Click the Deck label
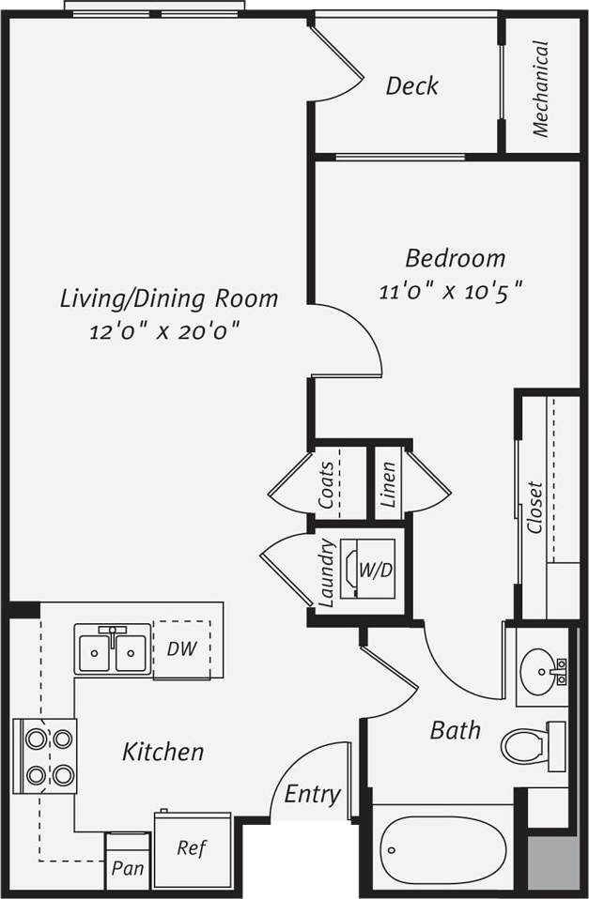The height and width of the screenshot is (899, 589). pyautogui.click(x=411, y=86)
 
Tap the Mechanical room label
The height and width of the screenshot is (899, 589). pyautogui.click(x=541, y=87)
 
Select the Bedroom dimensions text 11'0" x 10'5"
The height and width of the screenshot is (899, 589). pyautogui.click(x=449, y=290)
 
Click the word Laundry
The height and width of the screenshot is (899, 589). pyautogui.click(x=328, y=571)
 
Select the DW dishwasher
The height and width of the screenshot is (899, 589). pyautogui.click(x=181, y=648)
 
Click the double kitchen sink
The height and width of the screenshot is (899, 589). pyautogui.click(x=112, y=649)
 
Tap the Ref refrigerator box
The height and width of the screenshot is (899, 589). pyautogui.click(x=192, y=849)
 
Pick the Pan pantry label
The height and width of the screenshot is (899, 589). pyautogui.click(x=128, y=868)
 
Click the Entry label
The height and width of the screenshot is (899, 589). pyautogui.click(x=312, y=795)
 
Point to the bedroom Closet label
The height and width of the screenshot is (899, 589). pyautogui.click(x=535, y=508)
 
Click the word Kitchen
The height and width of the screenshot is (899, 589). pyautogui.click(x=163, y=752)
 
